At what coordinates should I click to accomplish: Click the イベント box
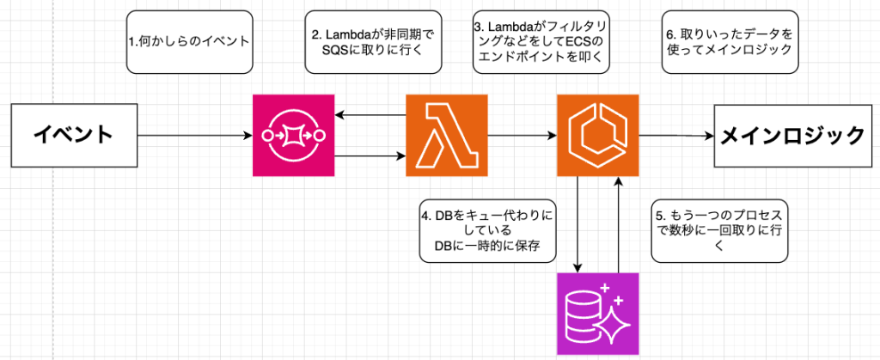coord(74,136)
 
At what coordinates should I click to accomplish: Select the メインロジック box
coord(791,136)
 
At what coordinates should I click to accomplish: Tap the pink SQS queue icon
coord(293,136)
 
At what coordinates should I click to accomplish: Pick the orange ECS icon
coord(597,136)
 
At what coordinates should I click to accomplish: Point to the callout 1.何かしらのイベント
coord(190,41)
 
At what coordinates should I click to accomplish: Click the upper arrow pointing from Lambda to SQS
coord(370,114)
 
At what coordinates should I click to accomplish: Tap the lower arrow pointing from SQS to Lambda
coord(370,156)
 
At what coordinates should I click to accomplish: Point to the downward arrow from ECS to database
coord(577,223)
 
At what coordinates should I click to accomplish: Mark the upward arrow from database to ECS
coord(618,223)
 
